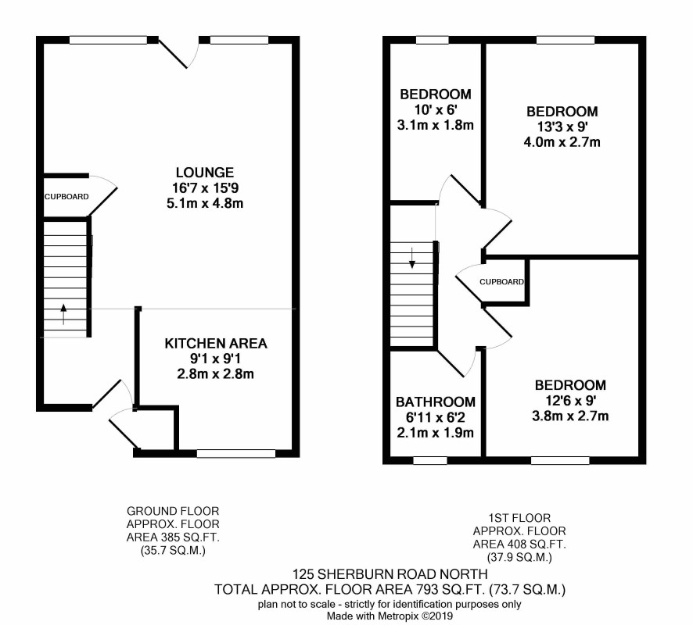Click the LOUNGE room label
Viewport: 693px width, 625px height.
click(205, 172)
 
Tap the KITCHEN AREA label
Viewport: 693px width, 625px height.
click(216, 344)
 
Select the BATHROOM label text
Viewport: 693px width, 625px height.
click(436, 402)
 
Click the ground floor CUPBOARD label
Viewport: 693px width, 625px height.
click(66, 197)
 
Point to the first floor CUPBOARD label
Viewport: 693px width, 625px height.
click(501, 281)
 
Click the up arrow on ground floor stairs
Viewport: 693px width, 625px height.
click(63, 314)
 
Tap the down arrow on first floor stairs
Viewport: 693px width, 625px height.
click(412, 259)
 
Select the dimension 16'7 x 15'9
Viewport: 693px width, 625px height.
click(205, 188)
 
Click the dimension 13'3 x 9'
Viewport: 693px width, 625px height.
click(562, 127)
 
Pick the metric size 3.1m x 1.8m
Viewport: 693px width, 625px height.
click(436, 125)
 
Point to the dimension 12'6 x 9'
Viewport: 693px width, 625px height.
click(570, 401)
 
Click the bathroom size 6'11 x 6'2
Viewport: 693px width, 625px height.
click(436, 417)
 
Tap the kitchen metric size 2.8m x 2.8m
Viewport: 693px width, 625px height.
click(216, 374)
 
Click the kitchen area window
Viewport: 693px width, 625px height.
click(236, 453)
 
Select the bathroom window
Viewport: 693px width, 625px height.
click(430, 460)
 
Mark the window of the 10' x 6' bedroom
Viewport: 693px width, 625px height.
click(433, 40)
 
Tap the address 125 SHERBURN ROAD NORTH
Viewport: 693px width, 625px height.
click(390, 574)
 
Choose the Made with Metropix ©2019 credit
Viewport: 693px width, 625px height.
click(390, 616)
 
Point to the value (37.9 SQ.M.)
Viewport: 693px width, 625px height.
click(519, 558)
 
